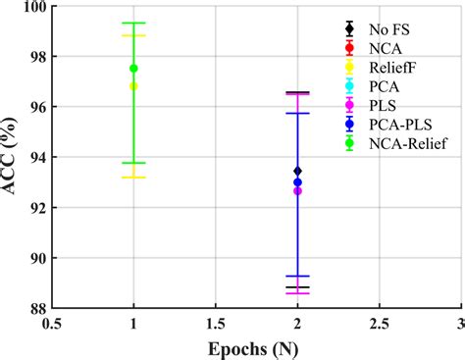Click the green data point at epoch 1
point(133,69)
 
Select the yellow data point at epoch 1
point(133,86)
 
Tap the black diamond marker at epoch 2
point(297,171)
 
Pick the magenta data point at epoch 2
point(297,190)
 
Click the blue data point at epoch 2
point(297,182)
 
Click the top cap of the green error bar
point(133,23)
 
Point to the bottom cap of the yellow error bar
point(133,178)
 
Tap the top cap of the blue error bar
point(297,113)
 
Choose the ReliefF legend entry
point(393,66)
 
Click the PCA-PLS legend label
point(397,125)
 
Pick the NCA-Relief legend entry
point(404,144)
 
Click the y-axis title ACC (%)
point(14,157)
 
